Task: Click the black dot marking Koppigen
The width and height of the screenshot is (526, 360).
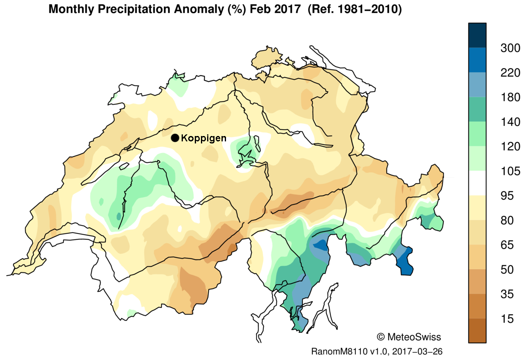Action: pos(175,138)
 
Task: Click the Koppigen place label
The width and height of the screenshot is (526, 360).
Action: pos(203,138)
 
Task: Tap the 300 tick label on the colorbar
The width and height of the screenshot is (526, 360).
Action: pos(510,48)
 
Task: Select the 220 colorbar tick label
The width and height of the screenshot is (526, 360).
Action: pos(510,73)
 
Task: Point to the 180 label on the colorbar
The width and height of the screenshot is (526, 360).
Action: pos(510,97)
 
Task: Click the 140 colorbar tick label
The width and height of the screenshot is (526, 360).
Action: pos(510,122)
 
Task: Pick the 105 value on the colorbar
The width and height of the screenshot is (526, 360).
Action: pos(510,171)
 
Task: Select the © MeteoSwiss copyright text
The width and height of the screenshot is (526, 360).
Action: pos(408,337)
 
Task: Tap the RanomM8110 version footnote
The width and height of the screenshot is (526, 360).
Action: pos(376,352)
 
